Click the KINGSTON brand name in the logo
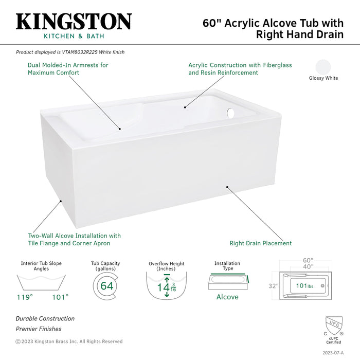click(x=74, y=22)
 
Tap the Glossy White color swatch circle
click(x=323, y=67)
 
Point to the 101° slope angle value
click(x=60, y=297)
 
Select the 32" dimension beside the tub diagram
click(x=273, y=286)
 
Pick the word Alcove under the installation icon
click(x=227, y=297)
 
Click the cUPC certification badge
click(x=333, y=330)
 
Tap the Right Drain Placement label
click(x=260, y=243)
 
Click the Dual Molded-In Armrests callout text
click(x=68, y=69)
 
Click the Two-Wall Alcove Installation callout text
click(x=74, y=240)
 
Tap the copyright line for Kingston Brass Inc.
click(x=69, y=341)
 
